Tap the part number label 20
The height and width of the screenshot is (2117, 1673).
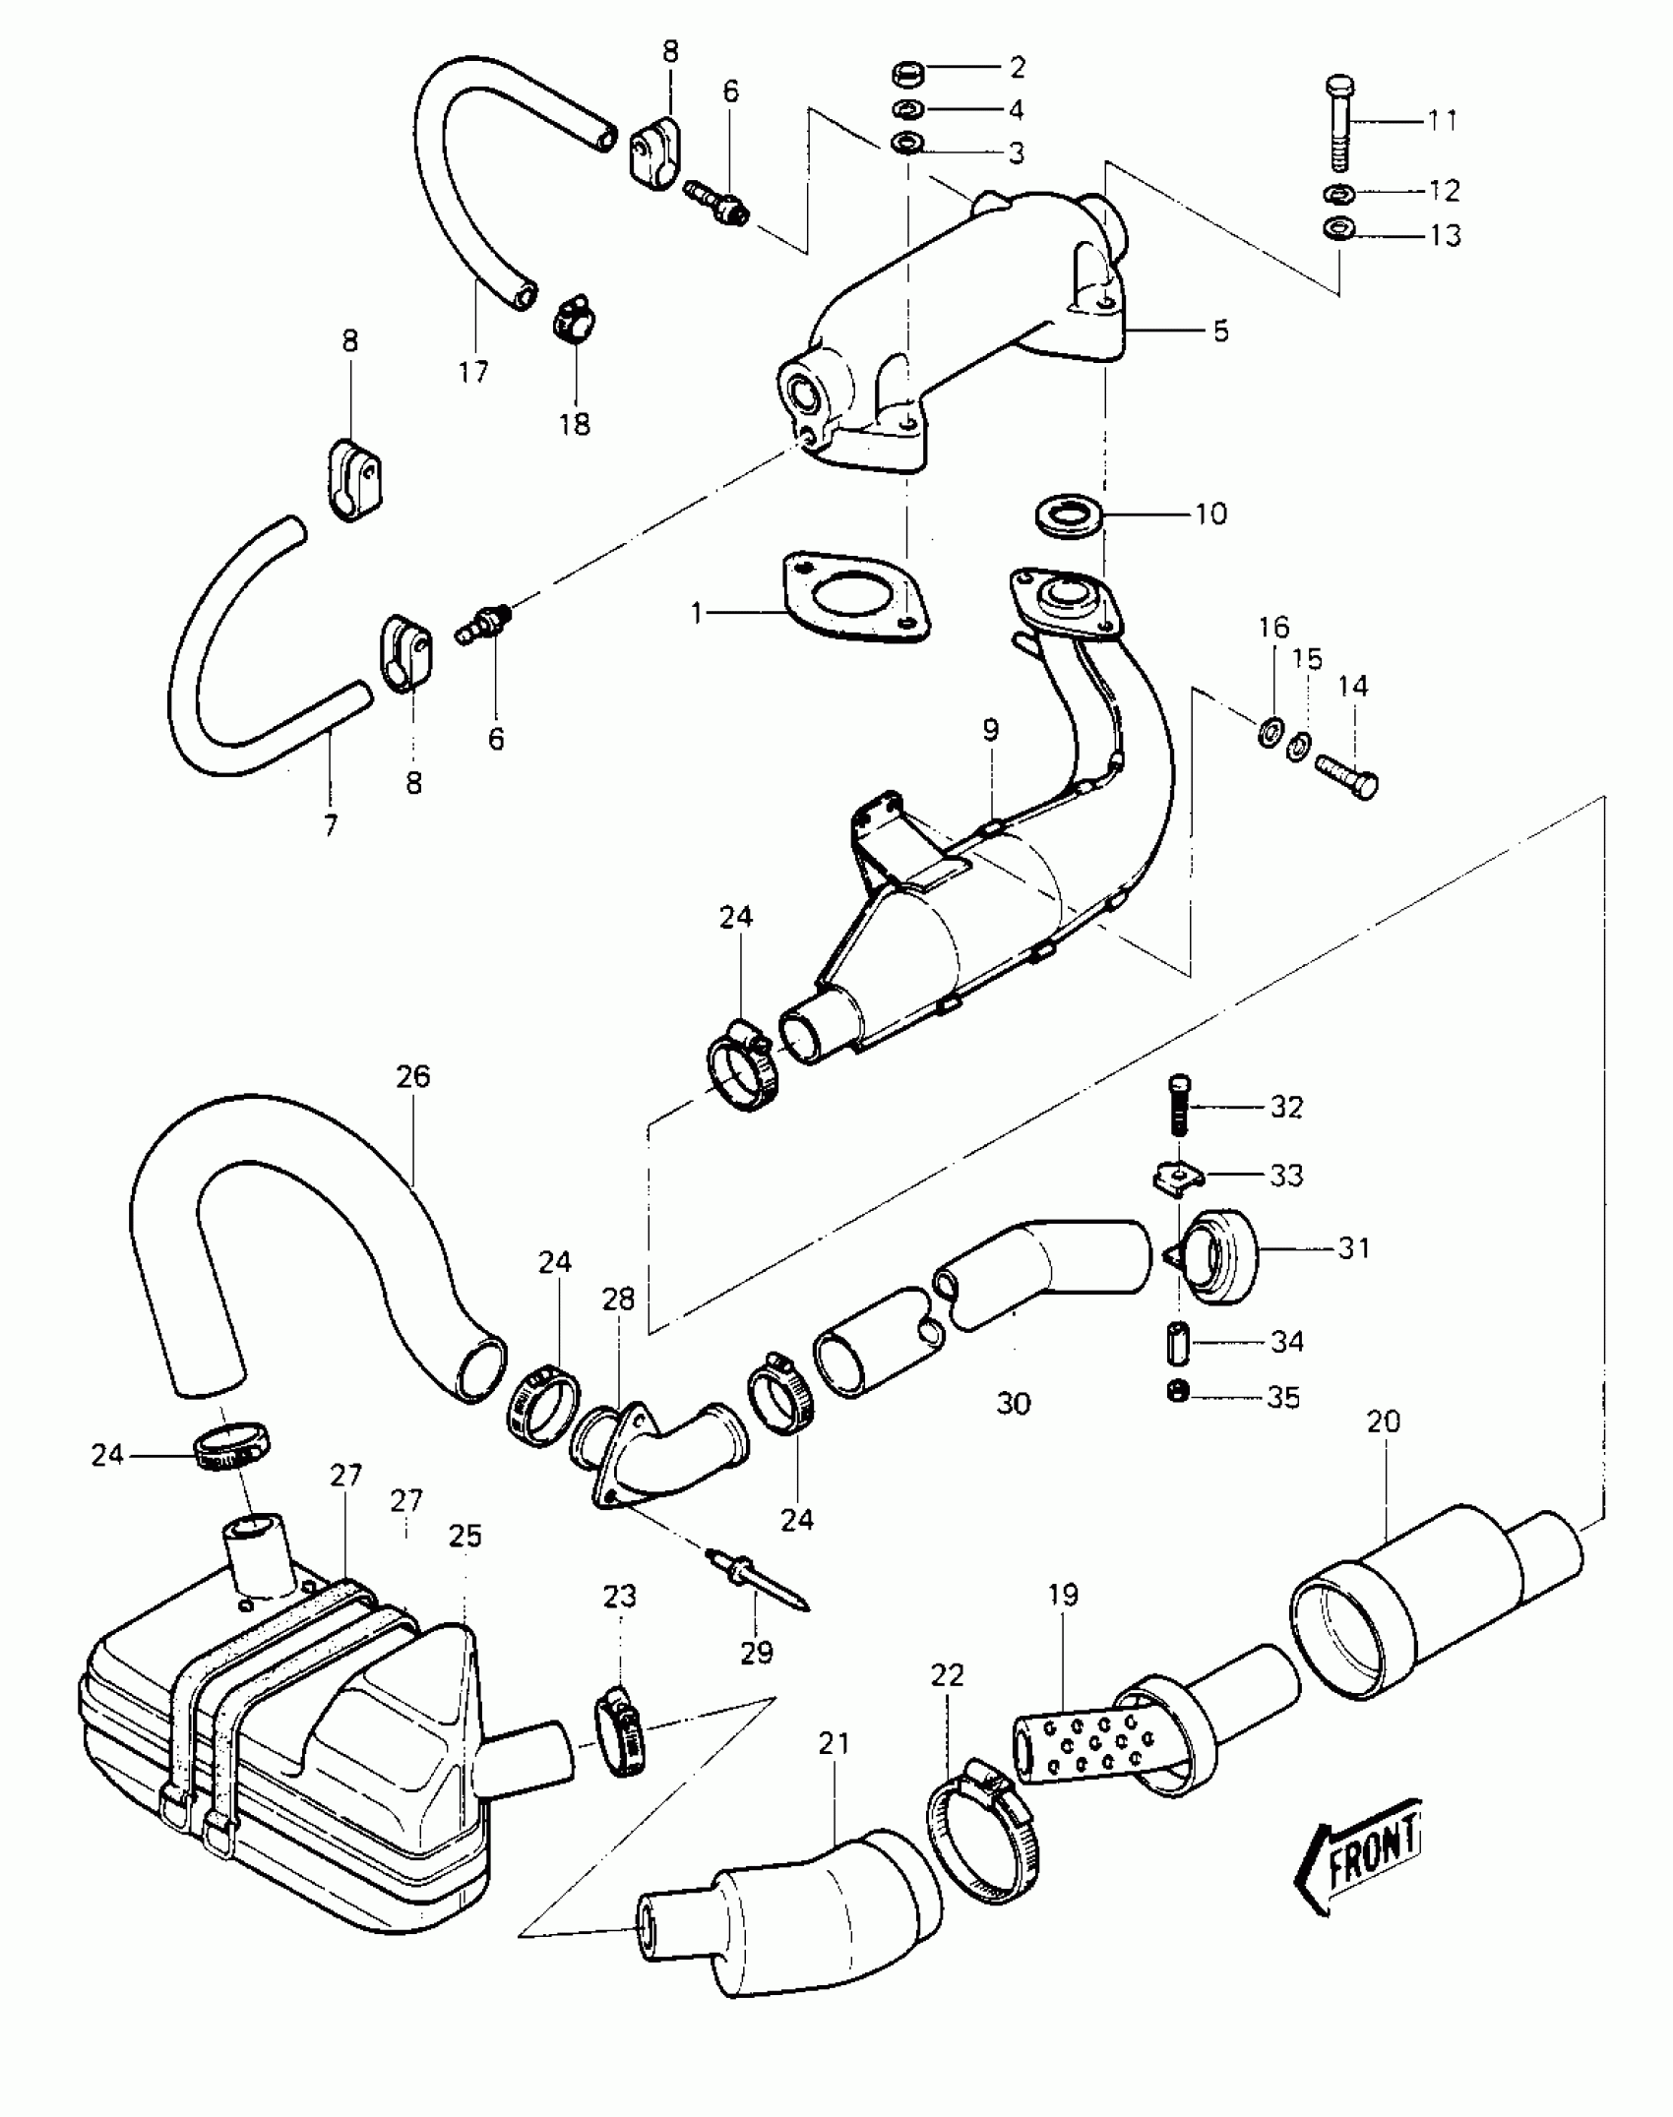(x=1384, y=1421)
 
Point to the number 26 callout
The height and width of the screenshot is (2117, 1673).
(x=413, y=1076)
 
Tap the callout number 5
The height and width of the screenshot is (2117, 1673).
(x=1220, y=331)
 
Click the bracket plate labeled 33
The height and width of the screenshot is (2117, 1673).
(x=1177, y=1177)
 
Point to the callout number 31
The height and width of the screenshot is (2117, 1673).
(x=1353, y=1247)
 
